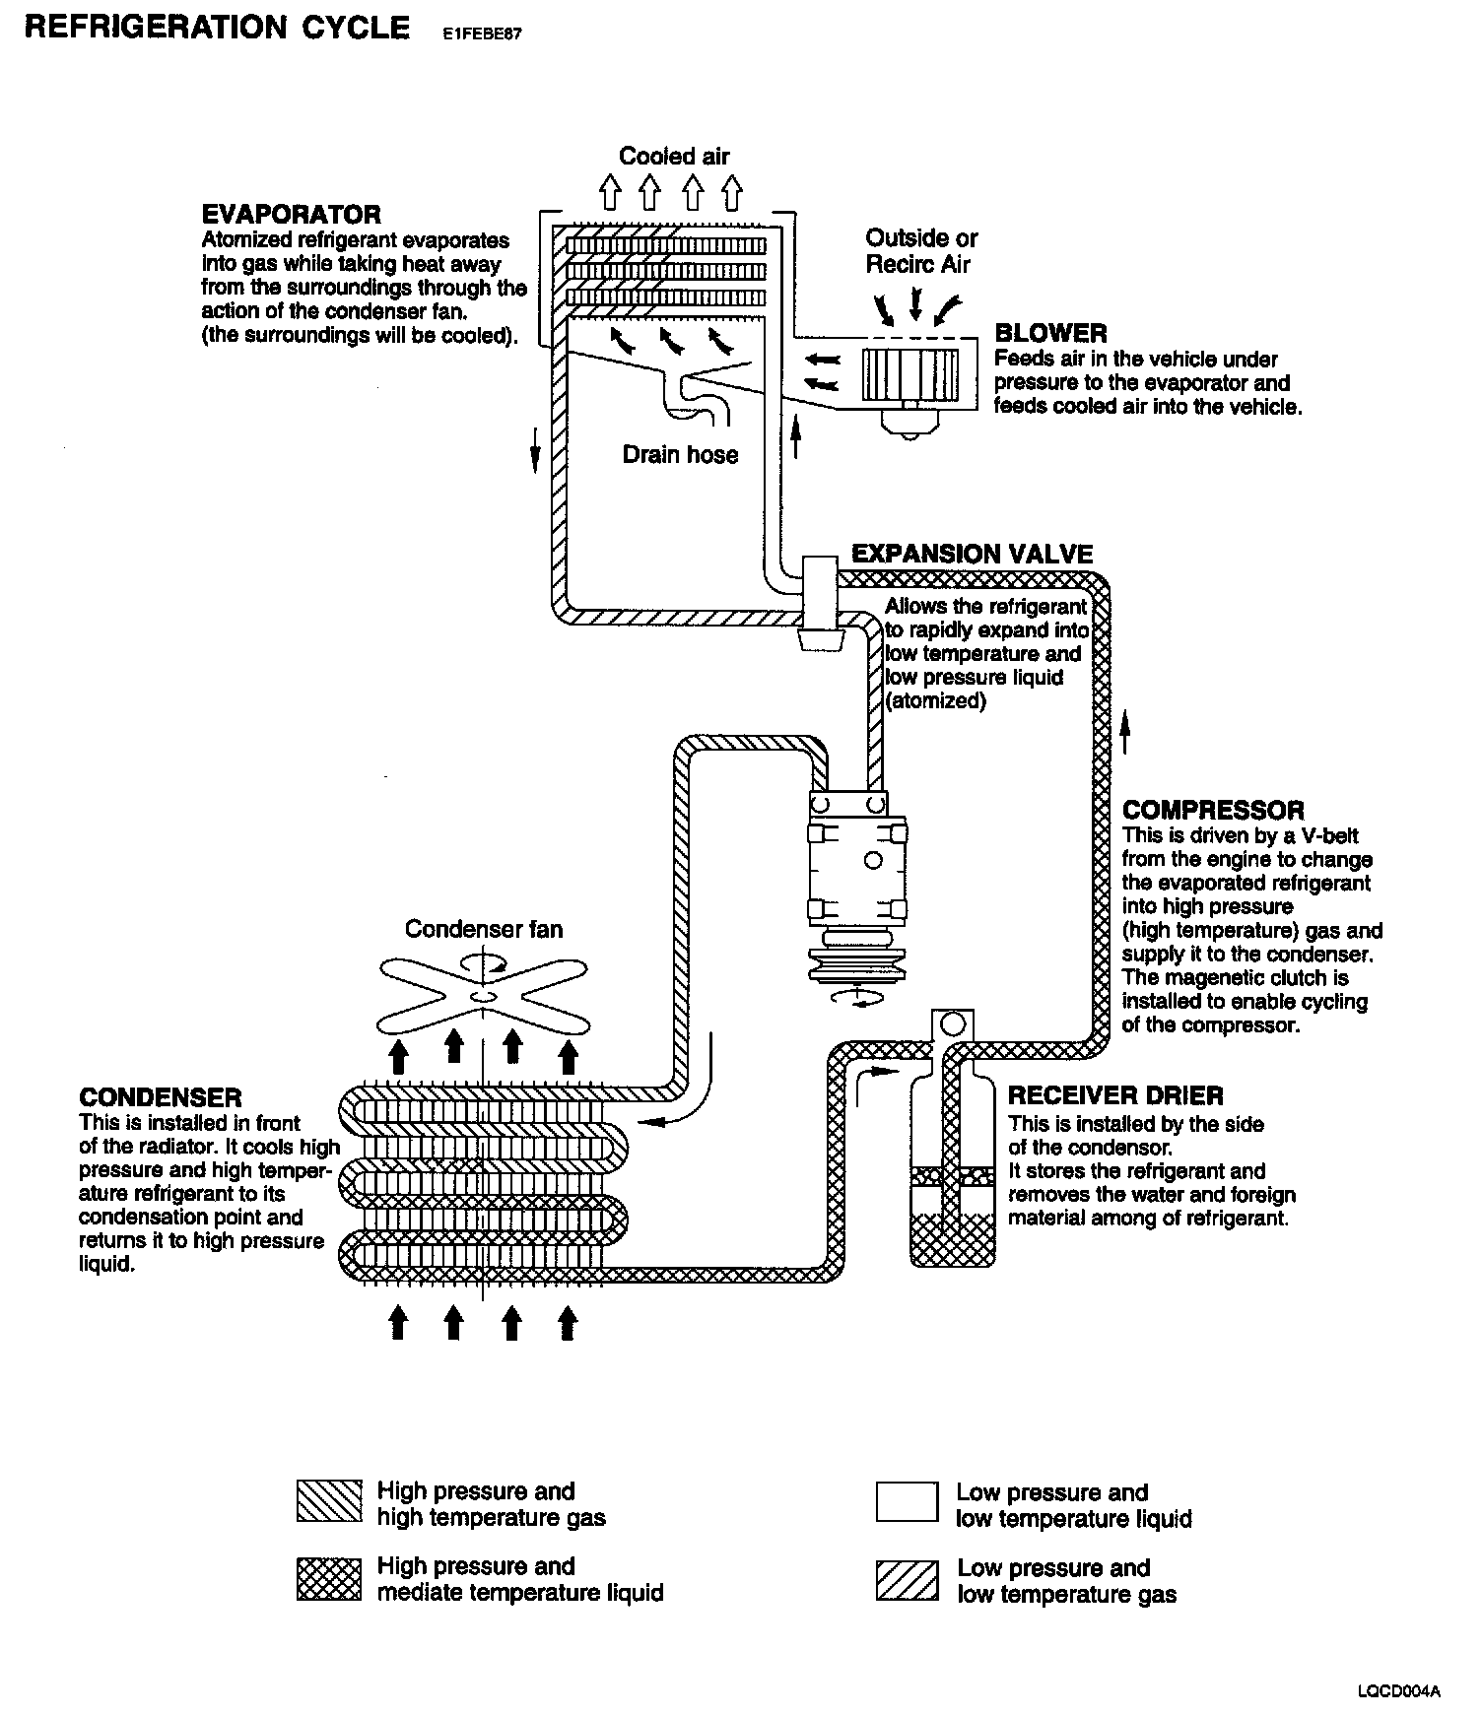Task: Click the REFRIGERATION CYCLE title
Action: (216, 28)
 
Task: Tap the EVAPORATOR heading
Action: (291, 215)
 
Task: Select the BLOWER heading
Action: (1050, 333)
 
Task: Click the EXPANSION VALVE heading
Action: (972, 554)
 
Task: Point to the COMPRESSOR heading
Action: (1213, 811)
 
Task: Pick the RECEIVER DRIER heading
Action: (1115, 1095)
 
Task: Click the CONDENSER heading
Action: (160, 1097)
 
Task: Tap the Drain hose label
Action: (680, 454)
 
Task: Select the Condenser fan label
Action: (484, 929)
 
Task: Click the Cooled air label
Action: (674, 156)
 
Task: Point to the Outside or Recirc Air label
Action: (920, 251)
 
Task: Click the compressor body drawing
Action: (855, 862)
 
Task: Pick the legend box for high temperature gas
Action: (329, 1503)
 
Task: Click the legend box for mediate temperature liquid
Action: (329, 1579)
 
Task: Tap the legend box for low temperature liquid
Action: (907, 1503)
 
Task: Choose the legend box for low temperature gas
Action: (907, 1579)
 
